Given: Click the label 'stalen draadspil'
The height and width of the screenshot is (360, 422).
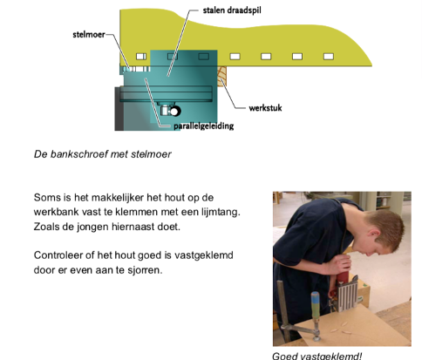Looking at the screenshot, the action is pyautogui.click(x=232, y=10).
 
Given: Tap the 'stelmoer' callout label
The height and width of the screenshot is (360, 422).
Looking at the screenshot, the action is pyautogui.click(x=89, y=35).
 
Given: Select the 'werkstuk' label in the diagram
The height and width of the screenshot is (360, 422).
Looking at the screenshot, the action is pyautogui.click(x=265, y=108).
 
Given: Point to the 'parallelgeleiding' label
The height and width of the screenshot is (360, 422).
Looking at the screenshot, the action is pyautogui.click(x=204, y=126).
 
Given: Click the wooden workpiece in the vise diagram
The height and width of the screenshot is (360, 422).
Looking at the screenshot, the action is pyautogui.click(x=222, y=76).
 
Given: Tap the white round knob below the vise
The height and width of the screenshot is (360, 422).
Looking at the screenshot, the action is pyautogui.click(x=174, y=112).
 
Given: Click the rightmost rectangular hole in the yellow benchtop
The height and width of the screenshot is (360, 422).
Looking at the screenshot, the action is pyautogui.click(x=329, y=57).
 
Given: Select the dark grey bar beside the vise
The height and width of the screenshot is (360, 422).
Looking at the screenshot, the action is pyautogui.click(x=119, y=108).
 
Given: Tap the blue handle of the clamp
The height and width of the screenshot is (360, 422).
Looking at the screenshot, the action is pyautogui.click(x=315, y=304).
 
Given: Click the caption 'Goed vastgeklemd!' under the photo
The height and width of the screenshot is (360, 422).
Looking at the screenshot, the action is pyautogui.click(x=317, y=357).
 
